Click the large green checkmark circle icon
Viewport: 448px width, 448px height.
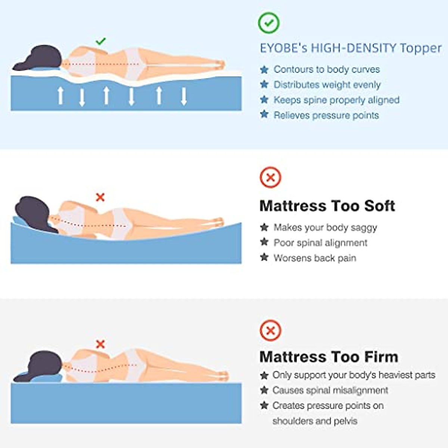(269, 23)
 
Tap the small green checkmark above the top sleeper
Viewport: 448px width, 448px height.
(100, 41)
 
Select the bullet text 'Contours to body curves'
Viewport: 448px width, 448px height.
(327, 69)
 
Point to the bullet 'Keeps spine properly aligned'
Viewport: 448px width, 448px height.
(336, 100)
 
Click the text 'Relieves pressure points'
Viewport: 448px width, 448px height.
(326, 115)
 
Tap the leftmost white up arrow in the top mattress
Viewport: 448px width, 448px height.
(60, 96)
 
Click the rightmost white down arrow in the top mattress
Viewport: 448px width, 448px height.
(184, 96)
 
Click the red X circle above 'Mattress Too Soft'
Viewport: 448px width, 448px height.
(270, 177)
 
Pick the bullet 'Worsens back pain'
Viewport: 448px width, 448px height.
(315, 258)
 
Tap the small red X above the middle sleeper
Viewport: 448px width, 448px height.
(100, 197)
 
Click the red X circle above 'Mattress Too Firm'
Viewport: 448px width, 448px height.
(270, 330)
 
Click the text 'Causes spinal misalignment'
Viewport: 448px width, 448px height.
(330, 390)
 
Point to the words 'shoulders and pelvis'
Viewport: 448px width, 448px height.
(315, 421)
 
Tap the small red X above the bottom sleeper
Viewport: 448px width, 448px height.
(100, 344)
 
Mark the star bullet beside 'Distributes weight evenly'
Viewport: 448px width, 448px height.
(264, 84)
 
